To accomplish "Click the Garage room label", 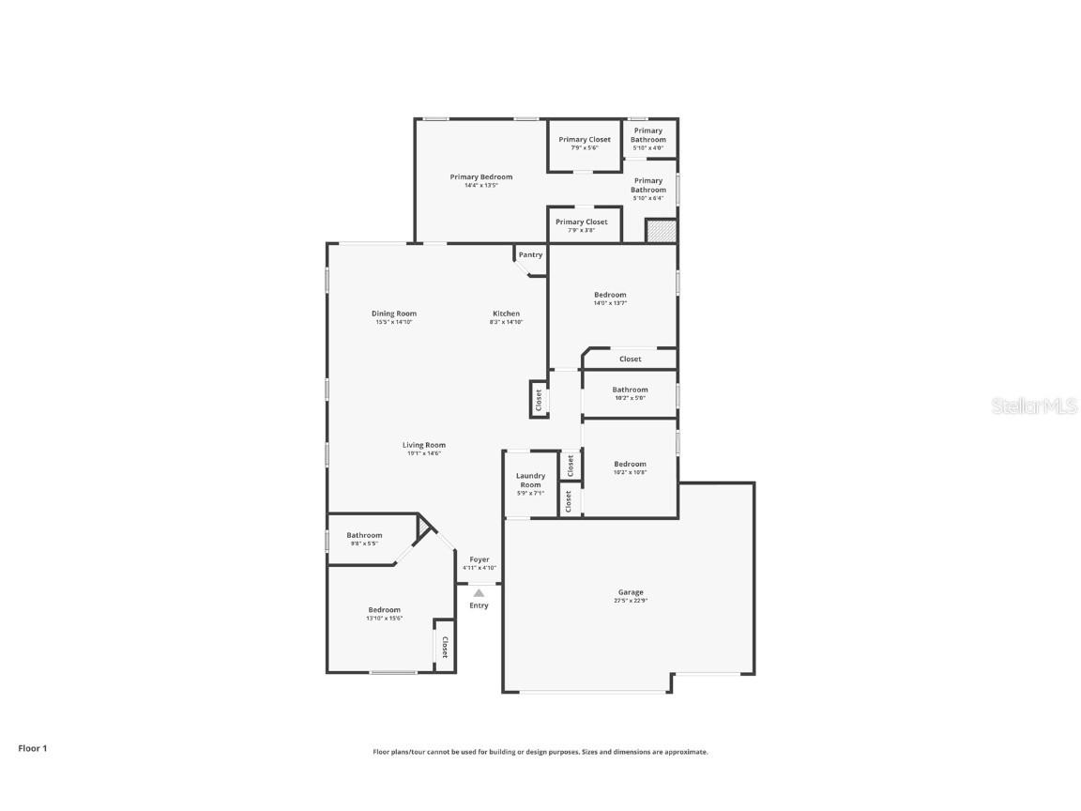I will click(631, 592).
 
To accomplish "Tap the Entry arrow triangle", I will click(479, 593).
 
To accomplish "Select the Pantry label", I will click(530, 255).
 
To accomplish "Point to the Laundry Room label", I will click(530, 481).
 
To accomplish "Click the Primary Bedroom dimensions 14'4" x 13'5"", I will click(480, 186).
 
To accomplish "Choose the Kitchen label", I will click(506, 314).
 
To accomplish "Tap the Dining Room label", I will click(394, 314).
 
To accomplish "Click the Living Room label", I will click(424, 445).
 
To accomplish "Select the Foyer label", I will click(480, 559).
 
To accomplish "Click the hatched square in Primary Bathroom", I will click(662, 231).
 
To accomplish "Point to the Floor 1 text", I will click(32, 748).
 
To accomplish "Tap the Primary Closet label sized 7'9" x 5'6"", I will click(585, 140).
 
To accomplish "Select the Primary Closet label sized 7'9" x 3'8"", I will click(583, 222).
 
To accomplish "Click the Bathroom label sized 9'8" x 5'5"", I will click(364, 535).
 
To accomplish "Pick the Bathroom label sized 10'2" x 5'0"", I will click(630, 390).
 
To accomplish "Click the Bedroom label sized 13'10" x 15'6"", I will click(384, 610).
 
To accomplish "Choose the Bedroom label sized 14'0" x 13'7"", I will click(610, 295).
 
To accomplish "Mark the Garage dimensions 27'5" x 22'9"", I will click(631, 601).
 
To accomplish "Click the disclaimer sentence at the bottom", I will click(540, 752).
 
